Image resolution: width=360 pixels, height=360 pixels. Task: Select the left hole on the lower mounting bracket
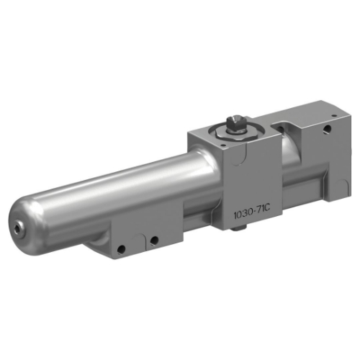point(122,248)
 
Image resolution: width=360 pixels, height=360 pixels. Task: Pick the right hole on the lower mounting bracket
point(153,240)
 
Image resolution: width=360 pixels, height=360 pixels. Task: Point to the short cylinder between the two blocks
point(288,155)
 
